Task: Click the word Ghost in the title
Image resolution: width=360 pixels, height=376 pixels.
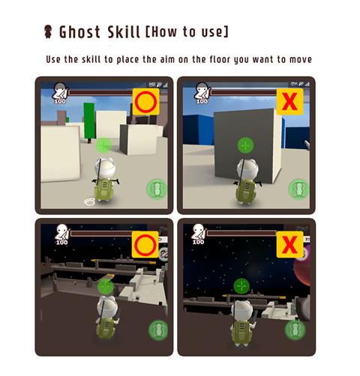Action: [x=79, y=32]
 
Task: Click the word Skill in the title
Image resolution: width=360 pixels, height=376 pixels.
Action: [x=124, y=32]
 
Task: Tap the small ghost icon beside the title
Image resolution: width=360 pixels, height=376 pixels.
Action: [x=48, y=31]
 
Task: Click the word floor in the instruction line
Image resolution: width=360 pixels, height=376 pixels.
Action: [x=220, y=59]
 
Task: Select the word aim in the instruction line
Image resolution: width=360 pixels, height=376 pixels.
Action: [x=167, y=59]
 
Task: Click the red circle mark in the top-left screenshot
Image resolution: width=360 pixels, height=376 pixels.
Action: [x=145, y=102]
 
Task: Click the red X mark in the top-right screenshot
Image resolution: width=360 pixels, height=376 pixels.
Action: [x=289, y=101]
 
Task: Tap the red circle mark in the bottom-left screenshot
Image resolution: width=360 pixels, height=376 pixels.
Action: [x=145, y=245]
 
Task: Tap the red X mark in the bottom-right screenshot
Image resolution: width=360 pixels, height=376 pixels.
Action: [x=289, y=244]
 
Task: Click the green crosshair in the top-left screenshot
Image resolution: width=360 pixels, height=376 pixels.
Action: [x=103, y=145]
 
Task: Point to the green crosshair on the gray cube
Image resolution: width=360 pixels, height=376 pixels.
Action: [x=245, y=145]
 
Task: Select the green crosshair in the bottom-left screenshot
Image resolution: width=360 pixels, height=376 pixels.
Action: [x=105, y=287]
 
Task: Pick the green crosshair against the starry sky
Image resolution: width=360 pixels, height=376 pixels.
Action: [x=241, y=286]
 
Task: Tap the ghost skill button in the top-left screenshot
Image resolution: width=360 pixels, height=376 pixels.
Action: [x=157, y=189]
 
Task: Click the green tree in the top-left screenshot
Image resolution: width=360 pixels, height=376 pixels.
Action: [x=89, y=123]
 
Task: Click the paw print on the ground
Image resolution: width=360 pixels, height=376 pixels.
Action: [x=89, y=201]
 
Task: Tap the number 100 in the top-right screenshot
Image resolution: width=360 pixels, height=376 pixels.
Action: [x=202, y=101]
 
